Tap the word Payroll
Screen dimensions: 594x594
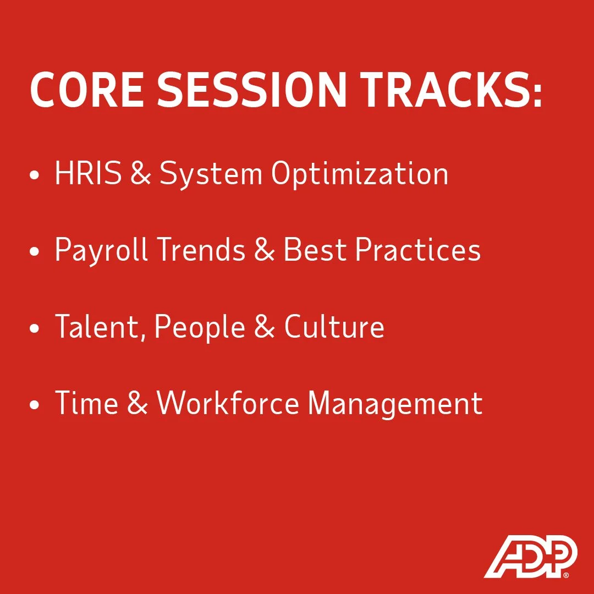coord(101,251)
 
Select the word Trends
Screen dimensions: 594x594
coord(201,250)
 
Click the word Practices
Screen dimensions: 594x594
coord(418,250)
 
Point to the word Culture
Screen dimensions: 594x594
coord(334,327)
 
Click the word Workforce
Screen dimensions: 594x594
coord(228,404)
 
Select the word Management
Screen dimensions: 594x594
coord(395,405)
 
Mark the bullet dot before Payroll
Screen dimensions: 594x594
coord(35,252)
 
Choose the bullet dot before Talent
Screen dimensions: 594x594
coord(35,329)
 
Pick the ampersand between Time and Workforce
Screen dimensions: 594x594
coord(137,404)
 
